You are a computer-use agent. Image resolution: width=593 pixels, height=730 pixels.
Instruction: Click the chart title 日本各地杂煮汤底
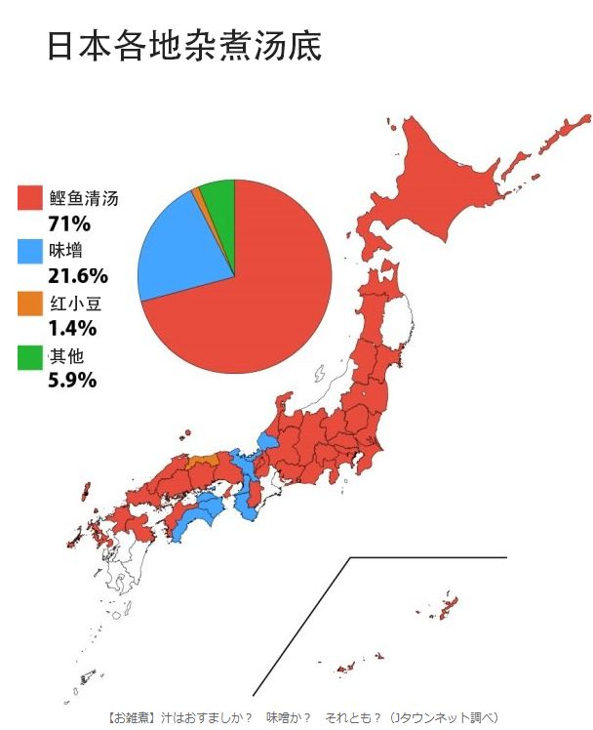click(x=183, y=46)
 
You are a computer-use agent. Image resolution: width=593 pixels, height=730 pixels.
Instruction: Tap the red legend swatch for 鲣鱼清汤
click(x=30, y=198)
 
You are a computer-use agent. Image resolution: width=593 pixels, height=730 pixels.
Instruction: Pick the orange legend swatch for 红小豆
click(x=30, y=304)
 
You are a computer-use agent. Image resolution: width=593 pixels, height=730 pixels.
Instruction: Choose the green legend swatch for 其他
click(x=30, y=356)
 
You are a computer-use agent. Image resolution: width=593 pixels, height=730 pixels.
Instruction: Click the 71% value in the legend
click(x=68, y=224)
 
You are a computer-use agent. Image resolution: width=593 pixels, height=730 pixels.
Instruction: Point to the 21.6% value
click(x=77, y=276)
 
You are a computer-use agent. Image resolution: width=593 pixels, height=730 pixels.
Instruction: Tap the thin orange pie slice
click(x=199, y=194)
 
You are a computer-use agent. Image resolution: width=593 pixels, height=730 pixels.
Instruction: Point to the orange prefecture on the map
click(x=203, y=460)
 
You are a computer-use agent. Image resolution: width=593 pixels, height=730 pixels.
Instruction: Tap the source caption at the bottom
click(x=302, y=716)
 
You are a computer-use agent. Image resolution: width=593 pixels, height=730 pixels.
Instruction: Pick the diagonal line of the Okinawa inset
click(x=302, y=625)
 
